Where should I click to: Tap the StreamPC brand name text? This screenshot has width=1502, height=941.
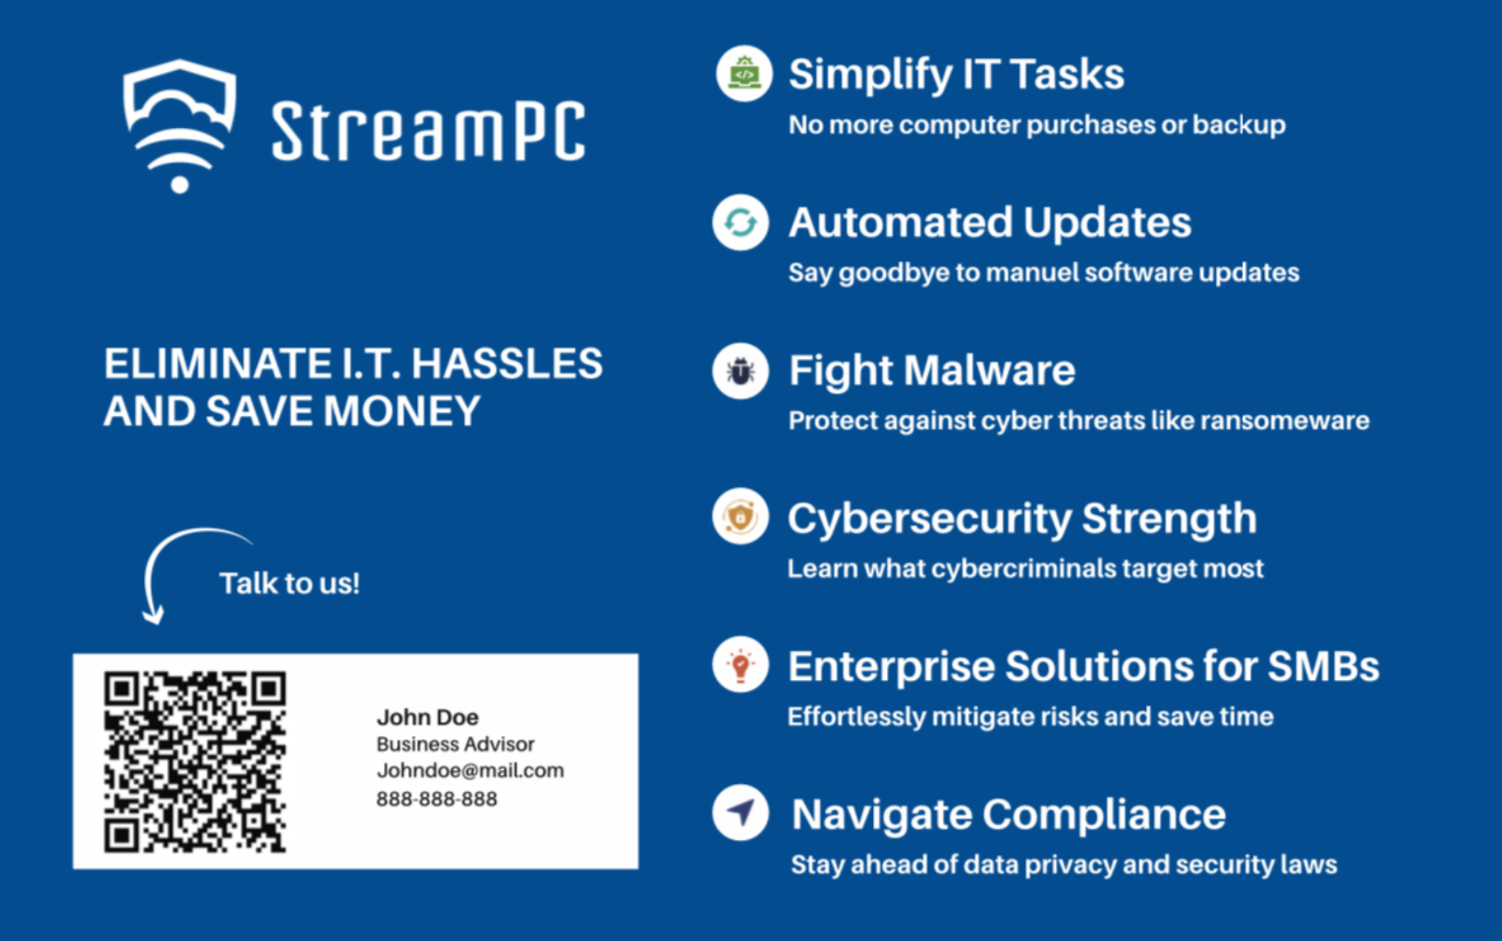[428, 131]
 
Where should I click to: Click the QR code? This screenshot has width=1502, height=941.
[195, 762]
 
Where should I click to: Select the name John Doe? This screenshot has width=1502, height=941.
[427, 717]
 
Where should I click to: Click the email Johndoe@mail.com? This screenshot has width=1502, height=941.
[470, 771]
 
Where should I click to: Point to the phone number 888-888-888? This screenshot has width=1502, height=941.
[436, 799]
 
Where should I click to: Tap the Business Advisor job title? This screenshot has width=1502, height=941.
[455, 744]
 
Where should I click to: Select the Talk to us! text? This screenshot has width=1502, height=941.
[289, 583]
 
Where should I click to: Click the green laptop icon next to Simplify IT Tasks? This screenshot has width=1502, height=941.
[744, 74]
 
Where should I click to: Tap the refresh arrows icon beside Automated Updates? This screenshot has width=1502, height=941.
[740, 223]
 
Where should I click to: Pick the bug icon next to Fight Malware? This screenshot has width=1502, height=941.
[740, 371]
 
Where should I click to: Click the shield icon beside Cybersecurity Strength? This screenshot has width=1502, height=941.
[740, 517]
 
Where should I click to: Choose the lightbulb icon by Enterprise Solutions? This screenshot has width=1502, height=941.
[740, 665]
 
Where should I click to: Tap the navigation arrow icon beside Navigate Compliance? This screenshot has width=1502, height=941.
[740, 813]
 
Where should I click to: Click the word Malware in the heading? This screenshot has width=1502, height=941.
[989, 370]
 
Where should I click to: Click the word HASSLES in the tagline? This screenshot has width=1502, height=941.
[507, 363]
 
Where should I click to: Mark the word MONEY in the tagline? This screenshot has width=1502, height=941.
[402, 410]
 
